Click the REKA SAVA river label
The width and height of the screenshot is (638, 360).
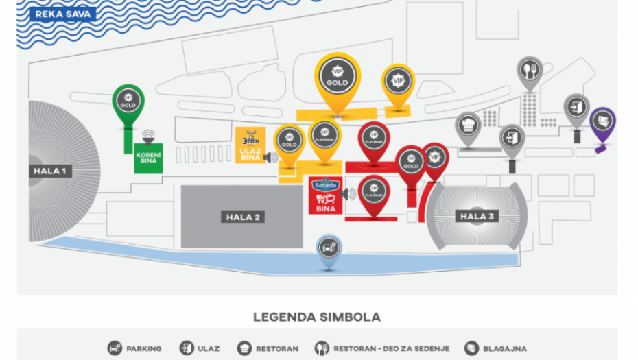[56, 13]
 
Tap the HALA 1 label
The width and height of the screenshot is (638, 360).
[49, 171]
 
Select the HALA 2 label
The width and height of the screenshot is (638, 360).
[243, 217]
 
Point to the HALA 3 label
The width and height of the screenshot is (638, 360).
[477, 217]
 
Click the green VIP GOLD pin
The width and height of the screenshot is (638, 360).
[128, 103]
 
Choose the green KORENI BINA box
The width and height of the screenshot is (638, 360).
[148, 157]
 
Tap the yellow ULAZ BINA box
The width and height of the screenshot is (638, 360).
[250, 145]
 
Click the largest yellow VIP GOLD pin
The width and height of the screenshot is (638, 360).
[337, 77]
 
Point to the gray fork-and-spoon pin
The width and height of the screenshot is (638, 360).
[530, 71]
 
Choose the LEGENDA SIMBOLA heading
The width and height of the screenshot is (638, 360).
[316, 317]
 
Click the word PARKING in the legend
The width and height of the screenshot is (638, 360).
[144, 348]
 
